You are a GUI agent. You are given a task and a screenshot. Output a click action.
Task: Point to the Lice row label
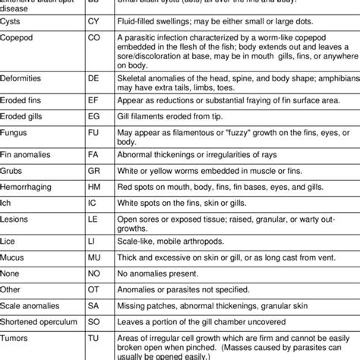coord(11,261)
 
